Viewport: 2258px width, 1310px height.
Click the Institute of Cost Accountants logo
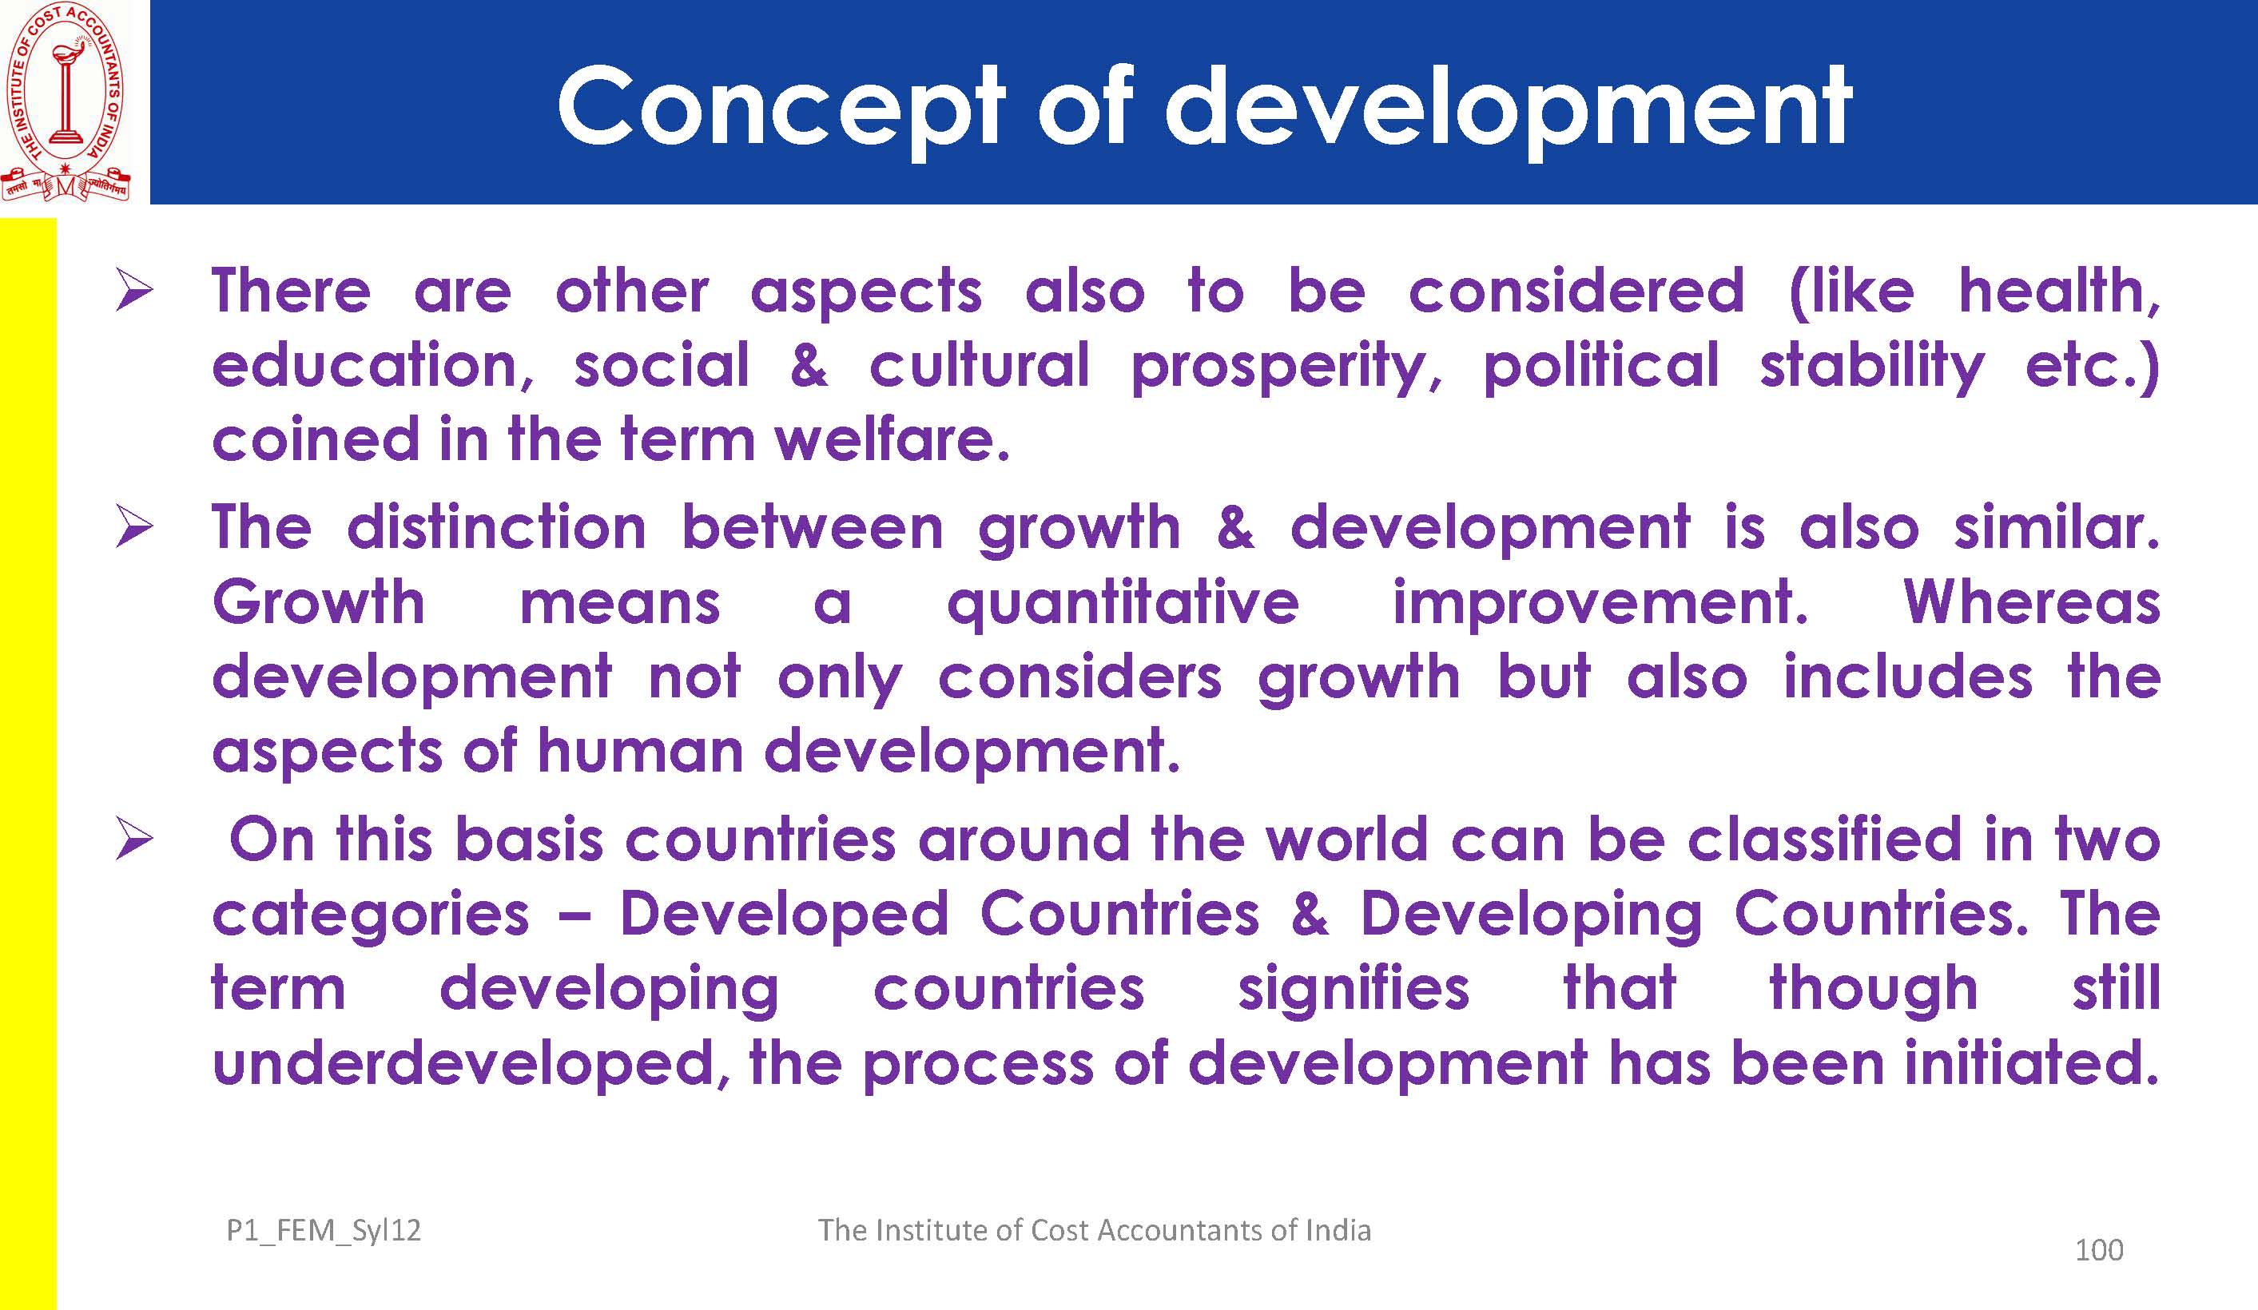(x=66, y=101)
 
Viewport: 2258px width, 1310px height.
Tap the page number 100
(x=2098, y=1250)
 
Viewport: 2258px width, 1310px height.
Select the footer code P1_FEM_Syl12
(x=324, y=1231)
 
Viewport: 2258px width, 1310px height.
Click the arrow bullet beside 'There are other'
(x=133, y=293)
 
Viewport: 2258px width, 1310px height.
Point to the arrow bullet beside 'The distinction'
(x=133, y=528)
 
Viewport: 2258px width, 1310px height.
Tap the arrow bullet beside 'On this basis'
(x=133, y=841)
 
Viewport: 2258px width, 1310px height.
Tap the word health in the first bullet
(x=2059, y=292)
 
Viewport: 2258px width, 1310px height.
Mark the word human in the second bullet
(x=641, y=750)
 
